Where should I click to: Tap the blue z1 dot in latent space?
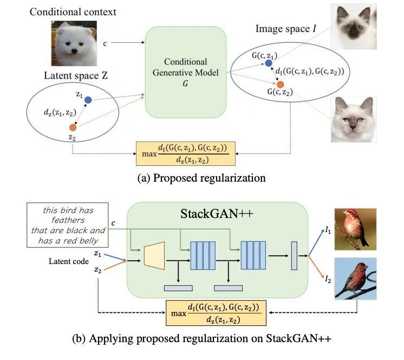pyautogui.click(x=88, y=100)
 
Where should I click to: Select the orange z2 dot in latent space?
pyautogui.click(x=73, y=128)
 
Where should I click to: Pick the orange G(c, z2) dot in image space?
pyautogui.click(x=280, y=85)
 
